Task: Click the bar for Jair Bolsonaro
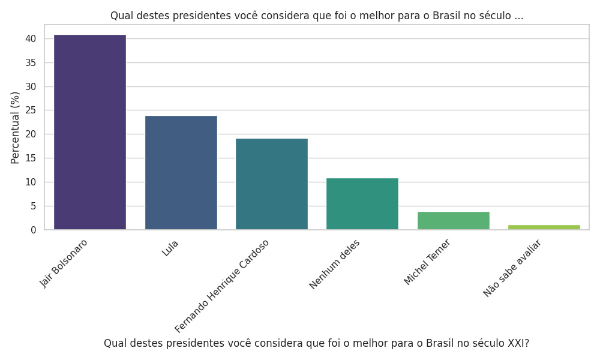coord(90,132)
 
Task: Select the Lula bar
coord(181,173)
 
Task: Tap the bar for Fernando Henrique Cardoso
coord(271,184)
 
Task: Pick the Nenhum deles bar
coord(362,204)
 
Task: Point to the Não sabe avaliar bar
coord(544,227)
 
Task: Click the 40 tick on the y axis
coord(31,39)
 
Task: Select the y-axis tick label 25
coord(31,110)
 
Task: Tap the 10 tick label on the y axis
coord(31,182)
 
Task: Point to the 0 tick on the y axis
coord(33,230)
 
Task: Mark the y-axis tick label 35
coord(31,63)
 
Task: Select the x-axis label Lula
coord(170,248)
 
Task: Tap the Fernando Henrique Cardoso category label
coord(222,286)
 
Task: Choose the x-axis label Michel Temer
coord(427,262)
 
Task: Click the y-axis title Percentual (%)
coord(16,127)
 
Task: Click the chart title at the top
coord(317,16)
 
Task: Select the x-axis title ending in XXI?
coord(316,343)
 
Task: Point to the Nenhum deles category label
coord(335,264)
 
